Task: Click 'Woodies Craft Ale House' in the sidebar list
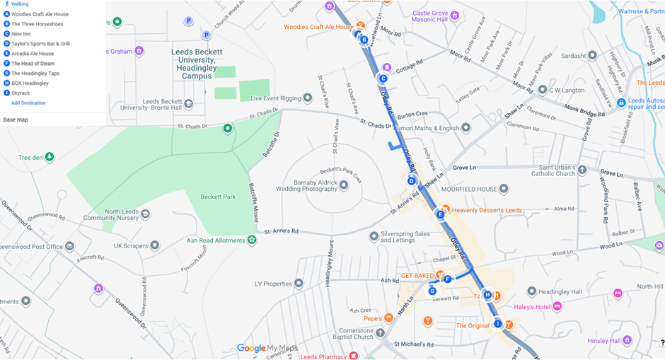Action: pyautogui.click(x=40, y=14)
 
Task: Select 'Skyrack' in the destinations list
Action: pyautogui.click(x=21, y=93)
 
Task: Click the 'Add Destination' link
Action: pyautogui.click(x=28, y=103)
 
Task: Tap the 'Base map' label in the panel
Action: pyautogui.click(x=16, y=120)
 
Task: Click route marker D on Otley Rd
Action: pyautogui.click(x=412, y=181)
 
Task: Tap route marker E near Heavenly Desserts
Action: pyautogui.click(x=440, y=214)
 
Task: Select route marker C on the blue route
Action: pyautogui.click(x=383, y=79)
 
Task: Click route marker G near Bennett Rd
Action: pyautogui.click(x=432, y=291)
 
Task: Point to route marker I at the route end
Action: pyautogui.click(x=497, y=324)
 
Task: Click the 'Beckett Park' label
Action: pyautogui.click(x=217, y=197)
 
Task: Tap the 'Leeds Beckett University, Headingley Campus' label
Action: pyautogui.click(x=196, y=64)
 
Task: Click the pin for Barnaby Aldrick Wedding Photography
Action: pyautogui.click(x=344, y=185)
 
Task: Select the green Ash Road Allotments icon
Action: pyautogui.click(x=252, y=240)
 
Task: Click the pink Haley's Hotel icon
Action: pyautogui.click(x=557, y=306)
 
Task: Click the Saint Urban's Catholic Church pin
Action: pyautogui.click(x=582, y=170)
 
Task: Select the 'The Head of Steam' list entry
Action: pyautogui.click(x=33, y=64)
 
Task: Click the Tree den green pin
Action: pyautogui.click(x=49, y=157)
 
